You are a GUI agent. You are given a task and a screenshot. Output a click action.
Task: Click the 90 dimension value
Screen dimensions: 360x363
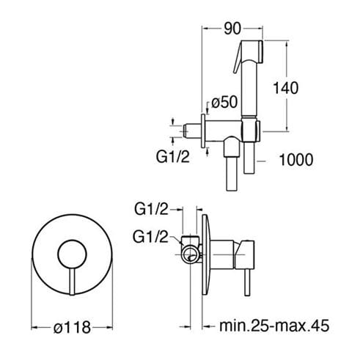[232, 29]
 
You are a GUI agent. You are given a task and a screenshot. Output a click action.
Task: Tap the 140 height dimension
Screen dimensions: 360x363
[285, 88]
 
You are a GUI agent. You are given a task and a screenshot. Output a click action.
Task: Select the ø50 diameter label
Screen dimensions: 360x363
[224, 102]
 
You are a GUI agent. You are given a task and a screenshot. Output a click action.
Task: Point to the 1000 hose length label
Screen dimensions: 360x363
[296, 160]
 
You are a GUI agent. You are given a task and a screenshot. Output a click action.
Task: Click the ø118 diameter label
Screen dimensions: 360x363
[73, 327]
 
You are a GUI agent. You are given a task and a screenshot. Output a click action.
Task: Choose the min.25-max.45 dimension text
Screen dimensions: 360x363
[274, 326]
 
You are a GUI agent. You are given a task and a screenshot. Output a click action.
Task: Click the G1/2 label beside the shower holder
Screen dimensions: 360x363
[173, 157]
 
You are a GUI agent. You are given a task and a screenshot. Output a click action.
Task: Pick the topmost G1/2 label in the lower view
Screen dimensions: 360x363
[152, 209]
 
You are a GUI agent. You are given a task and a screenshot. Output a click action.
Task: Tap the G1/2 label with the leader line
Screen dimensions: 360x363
[150, 237]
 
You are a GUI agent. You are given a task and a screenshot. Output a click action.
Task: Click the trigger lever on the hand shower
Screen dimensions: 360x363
[238, 60]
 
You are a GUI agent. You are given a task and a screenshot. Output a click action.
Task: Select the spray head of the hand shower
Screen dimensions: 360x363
[252, 51]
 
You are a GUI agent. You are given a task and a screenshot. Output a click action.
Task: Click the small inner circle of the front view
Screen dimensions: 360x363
[72, 254]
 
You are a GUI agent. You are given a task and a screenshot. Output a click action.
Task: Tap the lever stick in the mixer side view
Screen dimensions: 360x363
[247, 282]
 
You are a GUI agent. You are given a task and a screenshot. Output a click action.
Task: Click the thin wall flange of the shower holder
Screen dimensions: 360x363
[203, 131]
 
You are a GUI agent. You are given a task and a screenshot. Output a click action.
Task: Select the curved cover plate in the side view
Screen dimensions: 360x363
[206, 254]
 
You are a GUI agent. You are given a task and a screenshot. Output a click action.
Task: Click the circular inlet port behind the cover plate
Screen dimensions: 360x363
[191, 254]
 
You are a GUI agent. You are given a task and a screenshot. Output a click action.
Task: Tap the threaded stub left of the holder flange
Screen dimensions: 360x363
[192, 131]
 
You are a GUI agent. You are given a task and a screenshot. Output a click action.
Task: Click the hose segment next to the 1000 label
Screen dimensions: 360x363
[249, 158]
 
